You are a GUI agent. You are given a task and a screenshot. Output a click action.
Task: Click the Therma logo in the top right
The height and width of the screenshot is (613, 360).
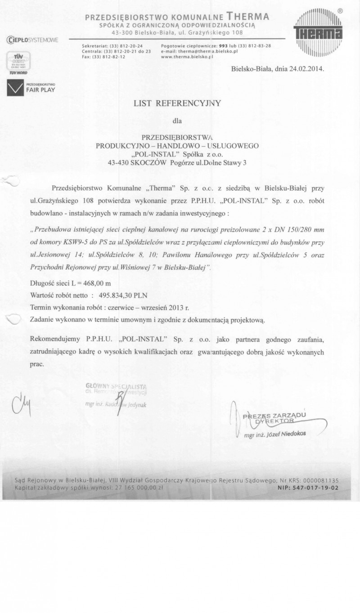(318, 32)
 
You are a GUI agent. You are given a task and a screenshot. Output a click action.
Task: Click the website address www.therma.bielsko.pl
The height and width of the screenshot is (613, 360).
(187, 57)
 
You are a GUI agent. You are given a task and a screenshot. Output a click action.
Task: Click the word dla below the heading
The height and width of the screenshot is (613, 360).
(177, 120)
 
